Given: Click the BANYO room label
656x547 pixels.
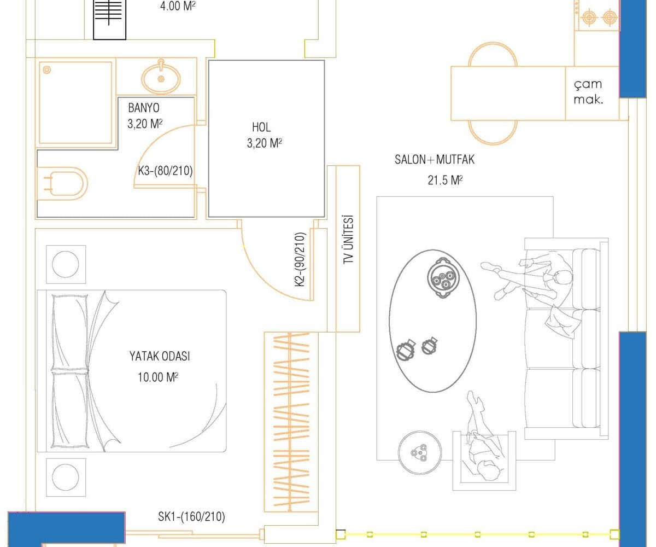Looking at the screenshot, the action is pyautogui.click(x=144, y=108).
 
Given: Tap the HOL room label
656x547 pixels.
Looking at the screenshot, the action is pyautogui.click(x=261, y=127).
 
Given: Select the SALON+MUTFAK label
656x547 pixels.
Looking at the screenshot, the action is pyautogui.click(x=434, y=160).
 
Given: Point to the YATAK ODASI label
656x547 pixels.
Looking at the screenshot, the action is pyautogui.click(x=160, y=356).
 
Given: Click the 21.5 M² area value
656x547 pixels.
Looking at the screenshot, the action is pyautogui.click(x=445, y=180).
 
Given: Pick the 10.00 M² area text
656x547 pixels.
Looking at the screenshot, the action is pyautogui.click(x=158, y=377).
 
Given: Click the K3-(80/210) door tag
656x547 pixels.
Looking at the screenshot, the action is pyautogui.click(x=165, y=171).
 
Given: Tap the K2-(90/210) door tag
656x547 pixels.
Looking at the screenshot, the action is pyautogui.click(x=300, y=259).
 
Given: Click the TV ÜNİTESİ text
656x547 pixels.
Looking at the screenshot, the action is pyautogui.click(x=348, y=240).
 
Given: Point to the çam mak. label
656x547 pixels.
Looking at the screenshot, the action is pyautogui.click(x=588, y=92).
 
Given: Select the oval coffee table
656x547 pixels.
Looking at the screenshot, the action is pyautogui.click(x=432, y=321).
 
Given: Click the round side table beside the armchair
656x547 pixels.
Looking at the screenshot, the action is pyautogui.click(x=419, y=452).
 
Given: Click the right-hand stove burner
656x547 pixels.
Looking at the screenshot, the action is pyautogui.click(x=610, y=18).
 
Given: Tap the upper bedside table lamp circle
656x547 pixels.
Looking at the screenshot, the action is pyautogui.click(x=66, y=264).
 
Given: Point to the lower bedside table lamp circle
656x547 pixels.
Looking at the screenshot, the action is pyautogui.click(x=66, y=477).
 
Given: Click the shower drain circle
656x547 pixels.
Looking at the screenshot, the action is pyautogui.click(x=47, y=69).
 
